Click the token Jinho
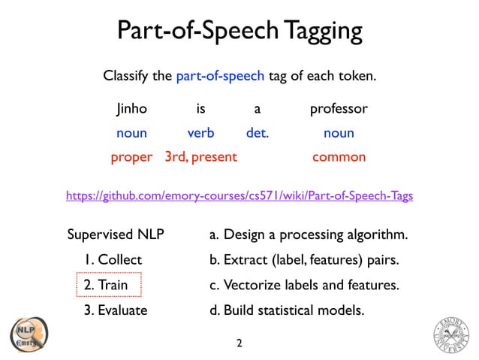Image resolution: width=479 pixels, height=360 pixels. (131, 109)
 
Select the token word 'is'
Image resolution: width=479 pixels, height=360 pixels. (200, 109)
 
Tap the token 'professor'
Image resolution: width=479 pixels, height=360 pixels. (339, 109)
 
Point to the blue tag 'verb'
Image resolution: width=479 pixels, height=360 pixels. (200, 133)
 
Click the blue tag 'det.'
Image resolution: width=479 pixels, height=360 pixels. (258, 133)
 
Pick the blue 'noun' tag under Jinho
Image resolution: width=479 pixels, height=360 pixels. (131, 133)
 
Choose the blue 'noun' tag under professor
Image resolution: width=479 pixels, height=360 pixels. (339, 133)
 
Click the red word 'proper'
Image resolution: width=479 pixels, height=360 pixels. (131, 157)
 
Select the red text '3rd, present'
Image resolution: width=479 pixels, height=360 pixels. (200, 157)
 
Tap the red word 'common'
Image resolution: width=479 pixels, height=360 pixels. (339, 157)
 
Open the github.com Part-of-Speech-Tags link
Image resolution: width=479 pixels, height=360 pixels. (239, 195)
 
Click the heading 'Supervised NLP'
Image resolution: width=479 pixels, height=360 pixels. (116, 235)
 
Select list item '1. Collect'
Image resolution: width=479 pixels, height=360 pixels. (113, 260)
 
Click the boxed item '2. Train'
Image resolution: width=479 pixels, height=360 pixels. (109, 285)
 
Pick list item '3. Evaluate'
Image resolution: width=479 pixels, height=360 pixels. (116, 310)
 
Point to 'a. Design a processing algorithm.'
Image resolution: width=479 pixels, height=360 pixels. (308, 235)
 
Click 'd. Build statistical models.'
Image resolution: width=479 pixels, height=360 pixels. (286, 310)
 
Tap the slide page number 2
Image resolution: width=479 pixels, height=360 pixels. (239, 344)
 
